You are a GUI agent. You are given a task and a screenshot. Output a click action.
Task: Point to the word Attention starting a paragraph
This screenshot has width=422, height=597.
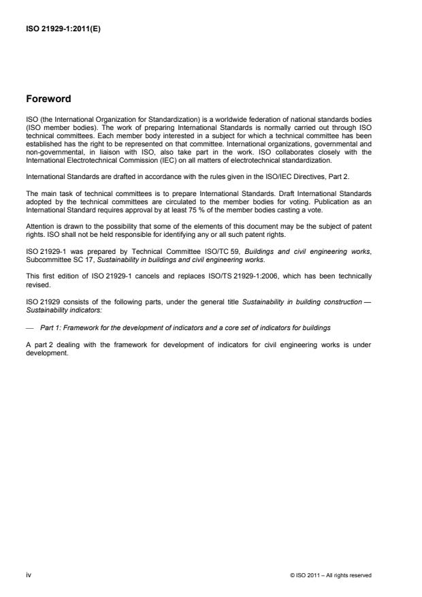coord(40,222)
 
